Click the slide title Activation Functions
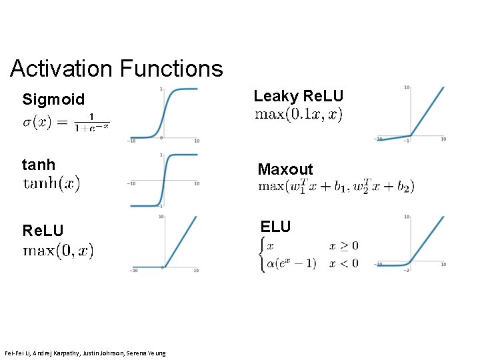tap(117, 68)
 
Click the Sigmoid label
tap(53, 100)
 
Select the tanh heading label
tap(39, 164)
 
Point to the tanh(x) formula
tap(52, 183)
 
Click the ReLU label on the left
tap(43, 231)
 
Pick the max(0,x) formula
tap(59, 251)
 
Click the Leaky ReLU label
tap(298, 96)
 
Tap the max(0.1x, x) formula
tap(299, 115)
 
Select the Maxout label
tap(285, 169)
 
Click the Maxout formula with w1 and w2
tap(336, 186)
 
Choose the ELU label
tap(276, 227)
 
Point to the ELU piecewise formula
tap(309, 254)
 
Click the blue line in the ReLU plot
tap(181, 242)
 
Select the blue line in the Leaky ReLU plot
tap(427, 111)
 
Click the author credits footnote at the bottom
tap(85, 352)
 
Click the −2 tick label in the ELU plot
tap(407, 270)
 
